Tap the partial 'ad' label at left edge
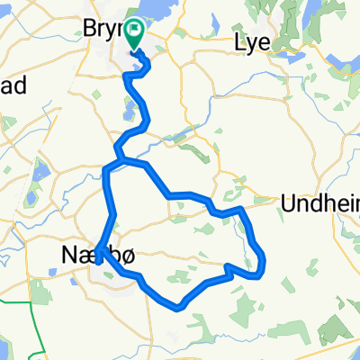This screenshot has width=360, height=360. pos(13,83)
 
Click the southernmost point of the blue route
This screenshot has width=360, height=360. pos(181,307)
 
